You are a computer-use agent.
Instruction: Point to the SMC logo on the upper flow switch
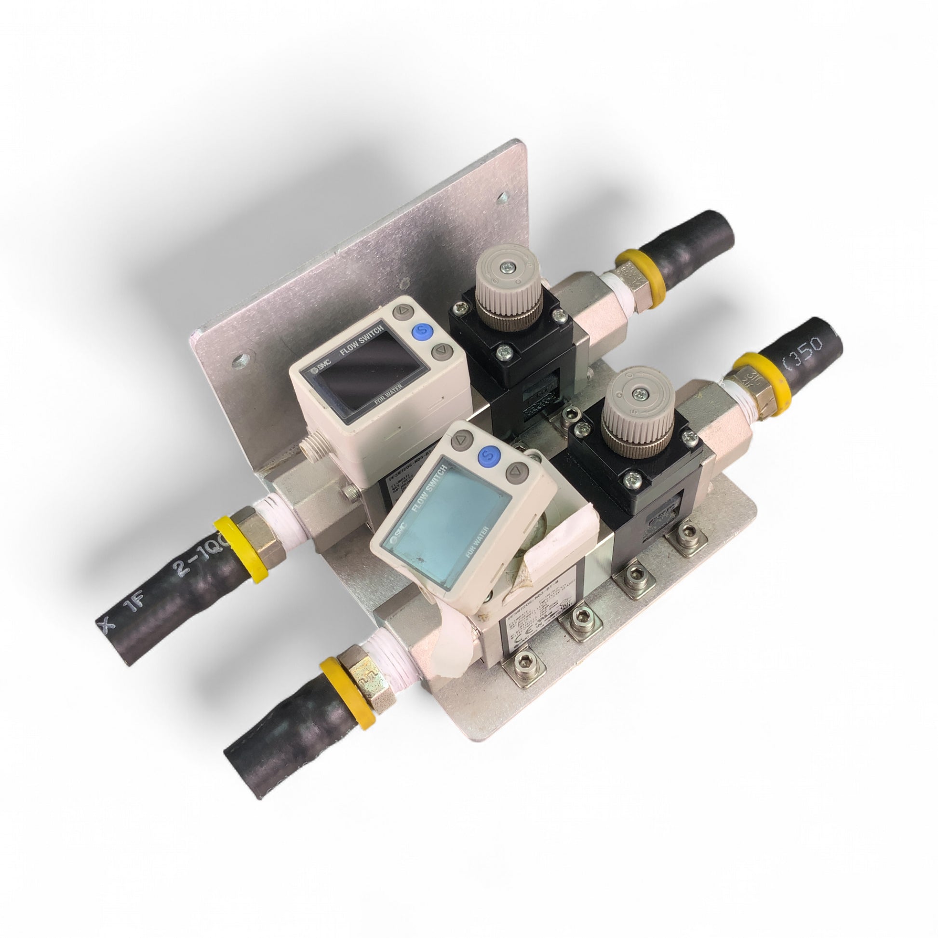(x=316, y=371)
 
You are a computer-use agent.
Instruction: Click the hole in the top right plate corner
(x=504, y=197)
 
